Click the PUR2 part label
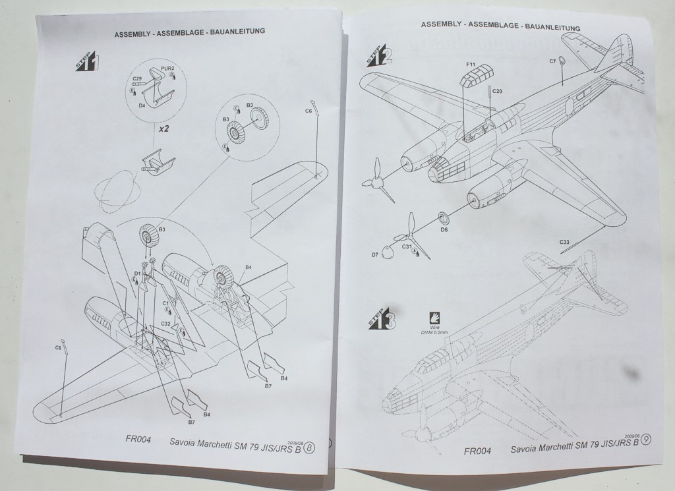(167, 69)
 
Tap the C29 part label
(137, 79)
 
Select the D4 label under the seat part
(142, 104)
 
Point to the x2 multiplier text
(163, 129)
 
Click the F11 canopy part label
(471, 64)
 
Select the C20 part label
(496, 91)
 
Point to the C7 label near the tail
(552, 61)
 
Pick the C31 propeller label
(407, 247)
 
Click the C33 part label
(564, 243)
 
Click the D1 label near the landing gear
(138, 273)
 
